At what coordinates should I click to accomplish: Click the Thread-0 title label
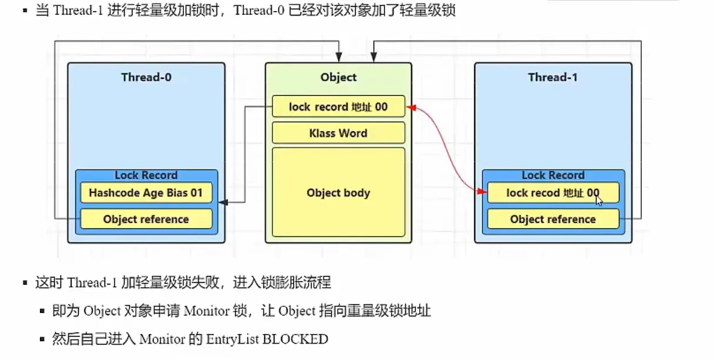146,77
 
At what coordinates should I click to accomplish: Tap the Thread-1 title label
553,77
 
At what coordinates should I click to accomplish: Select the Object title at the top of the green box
338,77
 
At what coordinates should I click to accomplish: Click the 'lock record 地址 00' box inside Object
338,106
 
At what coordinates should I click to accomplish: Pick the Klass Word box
338,133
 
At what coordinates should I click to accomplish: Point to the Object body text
338,193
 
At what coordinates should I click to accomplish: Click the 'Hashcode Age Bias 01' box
146,193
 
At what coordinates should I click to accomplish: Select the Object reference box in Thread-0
146,219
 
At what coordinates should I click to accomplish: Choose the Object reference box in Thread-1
553,219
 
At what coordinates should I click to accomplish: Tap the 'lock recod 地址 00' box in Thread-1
553,193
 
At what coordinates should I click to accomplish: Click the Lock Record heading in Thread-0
146,175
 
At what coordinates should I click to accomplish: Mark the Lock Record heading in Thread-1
553,175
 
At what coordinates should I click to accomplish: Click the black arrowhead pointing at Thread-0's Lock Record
222,202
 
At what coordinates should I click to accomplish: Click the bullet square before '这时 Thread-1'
25,283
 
